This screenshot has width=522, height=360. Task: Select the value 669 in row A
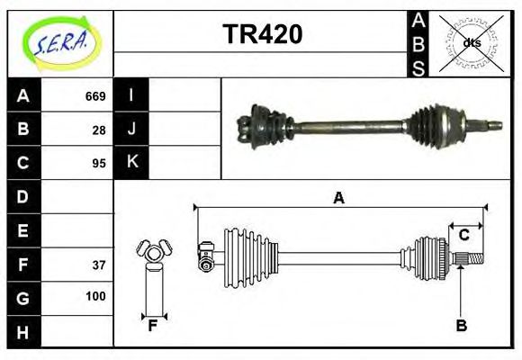[95, 96]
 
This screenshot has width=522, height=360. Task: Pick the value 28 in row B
[99, 130]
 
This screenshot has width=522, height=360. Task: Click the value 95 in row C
[99, 163]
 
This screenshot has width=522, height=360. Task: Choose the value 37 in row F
[99, 264]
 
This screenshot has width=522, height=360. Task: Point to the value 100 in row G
[95, 296]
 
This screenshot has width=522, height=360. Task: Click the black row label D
[23, 196]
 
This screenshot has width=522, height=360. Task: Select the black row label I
[131, 96]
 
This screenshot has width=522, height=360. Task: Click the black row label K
[131, 163]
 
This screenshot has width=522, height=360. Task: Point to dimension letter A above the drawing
[339, 198]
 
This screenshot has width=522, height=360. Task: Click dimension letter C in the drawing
[464, 235]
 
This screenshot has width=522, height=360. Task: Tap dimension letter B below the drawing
[461, 326]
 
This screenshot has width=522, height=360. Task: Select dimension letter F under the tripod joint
[153, 326]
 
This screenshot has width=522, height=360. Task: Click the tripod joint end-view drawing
[152, 256]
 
